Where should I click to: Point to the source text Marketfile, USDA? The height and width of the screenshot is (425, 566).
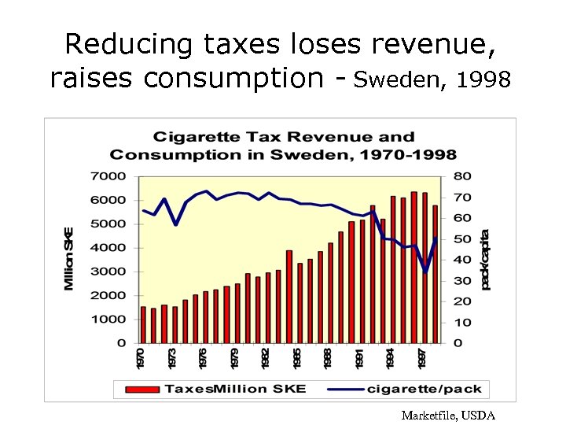coord(447,415)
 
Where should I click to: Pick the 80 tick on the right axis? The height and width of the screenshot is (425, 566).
coord(462,176)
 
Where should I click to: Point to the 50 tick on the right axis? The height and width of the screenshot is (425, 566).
coord(462,238)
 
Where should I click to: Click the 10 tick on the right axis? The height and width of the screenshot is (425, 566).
coord(462,323)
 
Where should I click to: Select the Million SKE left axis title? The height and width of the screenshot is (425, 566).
coord(70,258)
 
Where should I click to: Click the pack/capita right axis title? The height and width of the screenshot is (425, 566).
coord(485,260)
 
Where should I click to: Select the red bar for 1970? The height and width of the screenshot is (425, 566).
coord(143,325)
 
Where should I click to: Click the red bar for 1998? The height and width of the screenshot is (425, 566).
coord(436,274)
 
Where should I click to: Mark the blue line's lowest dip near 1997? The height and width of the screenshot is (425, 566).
coord(425,272)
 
